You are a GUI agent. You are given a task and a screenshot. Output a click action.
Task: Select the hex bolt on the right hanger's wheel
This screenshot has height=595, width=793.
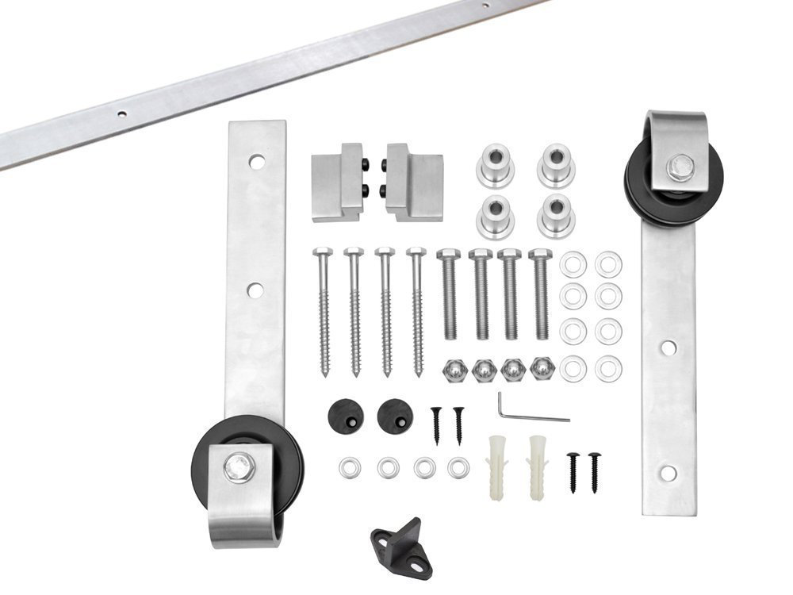tap(680, 167)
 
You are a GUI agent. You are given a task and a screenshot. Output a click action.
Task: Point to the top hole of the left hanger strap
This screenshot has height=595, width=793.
tap(255, 162)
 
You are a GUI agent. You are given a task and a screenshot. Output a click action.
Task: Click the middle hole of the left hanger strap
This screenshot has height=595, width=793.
tap(255, 290)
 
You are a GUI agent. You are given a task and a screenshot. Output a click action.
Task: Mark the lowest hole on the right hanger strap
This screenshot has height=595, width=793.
tap(668, 474)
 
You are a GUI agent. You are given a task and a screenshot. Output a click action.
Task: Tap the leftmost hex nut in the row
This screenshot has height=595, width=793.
tap(452, 370)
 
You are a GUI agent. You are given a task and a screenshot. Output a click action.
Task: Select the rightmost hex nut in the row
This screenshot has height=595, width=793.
tap(542, 369)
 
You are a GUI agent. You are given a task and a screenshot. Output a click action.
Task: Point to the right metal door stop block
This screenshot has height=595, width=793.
tap(414, 182)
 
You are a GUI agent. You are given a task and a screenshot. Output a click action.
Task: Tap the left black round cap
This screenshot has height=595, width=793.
tap(345, 415)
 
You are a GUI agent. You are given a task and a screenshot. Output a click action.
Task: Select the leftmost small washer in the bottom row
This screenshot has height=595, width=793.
tap(350, 468)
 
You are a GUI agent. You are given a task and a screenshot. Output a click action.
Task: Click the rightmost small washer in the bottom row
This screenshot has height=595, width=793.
tap(458, 468)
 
